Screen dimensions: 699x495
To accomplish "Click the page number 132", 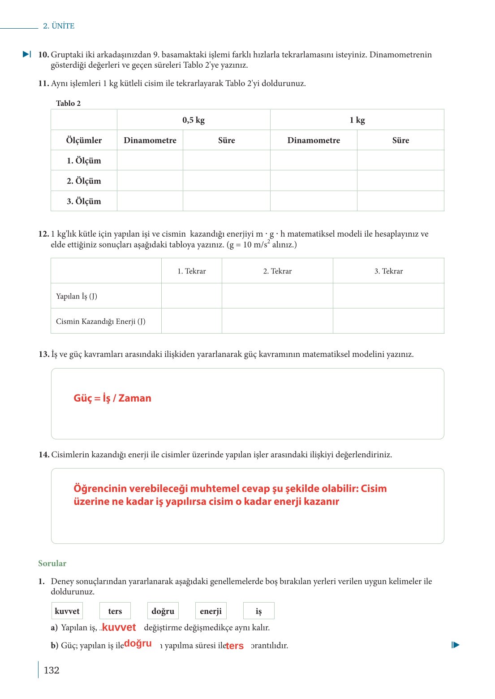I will point(52,670).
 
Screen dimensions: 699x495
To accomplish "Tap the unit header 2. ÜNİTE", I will point(59,26).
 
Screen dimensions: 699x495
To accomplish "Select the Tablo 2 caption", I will point(68,103).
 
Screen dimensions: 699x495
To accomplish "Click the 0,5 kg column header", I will point(194,120).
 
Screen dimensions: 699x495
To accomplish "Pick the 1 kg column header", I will point(357,120).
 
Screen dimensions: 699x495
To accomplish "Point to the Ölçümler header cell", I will point(84,140).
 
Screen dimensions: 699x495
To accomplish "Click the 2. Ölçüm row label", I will point(84,181).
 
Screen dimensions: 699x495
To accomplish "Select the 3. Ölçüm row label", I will point(84,201).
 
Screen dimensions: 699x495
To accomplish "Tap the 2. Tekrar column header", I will point(277,271).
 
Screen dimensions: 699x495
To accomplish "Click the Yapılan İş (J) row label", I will point(77,296).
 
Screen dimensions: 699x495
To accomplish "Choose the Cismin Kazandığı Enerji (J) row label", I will point(101,321).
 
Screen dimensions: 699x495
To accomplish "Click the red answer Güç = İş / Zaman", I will point(112,398).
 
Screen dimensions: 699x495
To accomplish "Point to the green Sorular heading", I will point(52,564).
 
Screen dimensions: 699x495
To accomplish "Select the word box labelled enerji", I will point(211,611).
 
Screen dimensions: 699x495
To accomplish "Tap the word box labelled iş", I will point(258,611).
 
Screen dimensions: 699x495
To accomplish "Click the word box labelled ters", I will point(115,611).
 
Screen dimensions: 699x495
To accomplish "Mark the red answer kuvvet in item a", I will point(119,628).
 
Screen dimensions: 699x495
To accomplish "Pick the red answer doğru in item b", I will point(138,643).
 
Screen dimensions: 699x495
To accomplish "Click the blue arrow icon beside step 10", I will point(27,54).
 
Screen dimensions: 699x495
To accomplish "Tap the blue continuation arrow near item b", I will point(456,645).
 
